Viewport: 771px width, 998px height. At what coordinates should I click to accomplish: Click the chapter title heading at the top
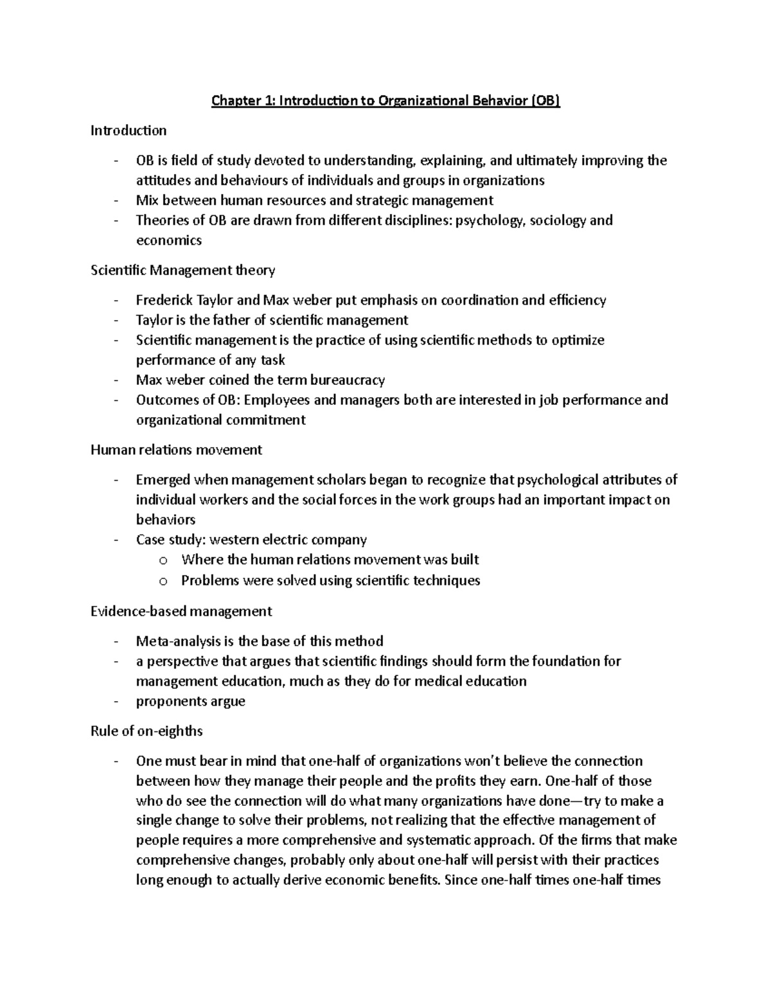(x=386, y=101)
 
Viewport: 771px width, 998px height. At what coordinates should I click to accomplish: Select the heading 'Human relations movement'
(x=176, y=450)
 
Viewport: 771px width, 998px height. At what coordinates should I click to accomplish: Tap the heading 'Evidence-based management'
(x=181, y=610)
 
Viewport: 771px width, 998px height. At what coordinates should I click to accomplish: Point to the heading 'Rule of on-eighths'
(x=146, y=731)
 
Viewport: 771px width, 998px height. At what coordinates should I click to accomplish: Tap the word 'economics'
(x=168, y=240)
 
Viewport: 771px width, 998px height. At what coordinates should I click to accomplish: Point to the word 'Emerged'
(x=163, y=479)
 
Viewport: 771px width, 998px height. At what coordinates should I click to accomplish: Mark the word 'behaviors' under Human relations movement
(x=166, y=519)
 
